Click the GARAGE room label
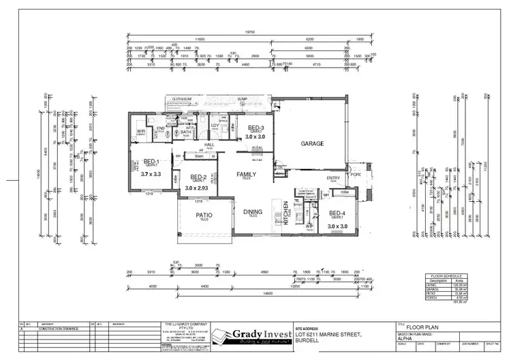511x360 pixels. (312, 144)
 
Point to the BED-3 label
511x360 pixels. (255, 128)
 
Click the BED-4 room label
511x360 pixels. (337, 213)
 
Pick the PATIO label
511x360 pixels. (204, 217)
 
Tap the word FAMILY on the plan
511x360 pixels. (246, 175)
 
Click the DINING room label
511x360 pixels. (253, 212)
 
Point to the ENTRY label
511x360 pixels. (334, 179)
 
